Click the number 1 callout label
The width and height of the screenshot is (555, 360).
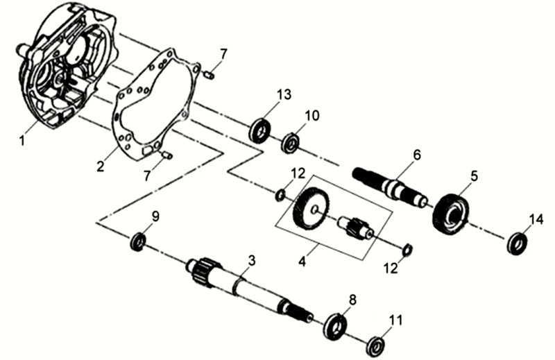tap(22, 140)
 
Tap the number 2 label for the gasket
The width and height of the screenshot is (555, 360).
tap(101, 166)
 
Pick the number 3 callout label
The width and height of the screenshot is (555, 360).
tap(252, 260)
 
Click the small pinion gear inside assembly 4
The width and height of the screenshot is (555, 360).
tap(359, 227)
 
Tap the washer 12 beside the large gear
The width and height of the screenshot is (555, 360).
tap(280, 195)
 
